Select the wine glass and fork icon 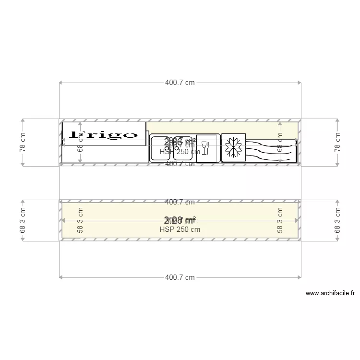tap(205, 147)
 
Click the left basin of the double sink tap(161, 148)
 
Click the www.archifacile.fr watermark tap(330, 293)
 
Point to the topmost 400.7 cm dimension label tap(180, 83)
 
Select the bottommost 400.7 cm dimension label tap(180, 277)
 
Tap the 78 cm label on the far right tap(337, 143)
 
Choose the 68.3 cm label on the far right tap(337, 221)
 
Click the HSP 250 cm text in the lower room tap(180, 229)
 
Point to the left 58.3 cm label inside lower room tap(80, 221)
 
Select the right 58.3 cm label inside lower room tap(280, 221)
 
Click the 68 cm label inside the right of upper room tap(280, 143)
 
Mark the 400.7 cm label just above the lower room tap(180, 202)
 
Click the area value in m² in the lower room tap(180, 220)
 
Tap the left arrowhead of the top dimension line tap(61, 83)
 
